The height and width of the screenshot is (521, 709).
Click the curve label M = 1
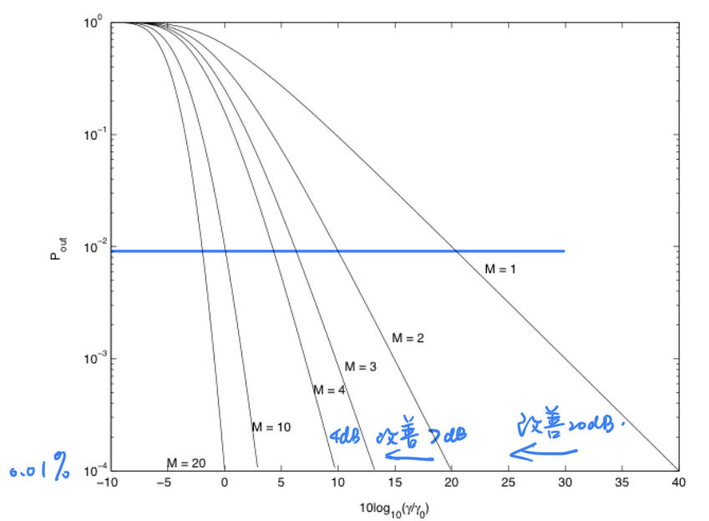coord(501,268)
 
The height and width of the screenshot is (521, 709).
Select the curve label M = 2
coord(408,338)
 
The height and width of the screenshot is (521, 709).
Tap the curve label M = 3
coord(361,366)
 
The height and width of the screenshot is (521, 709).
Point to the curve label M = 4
coord(329,390)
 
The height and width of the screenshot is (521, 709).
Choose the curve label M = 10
coord(271,427)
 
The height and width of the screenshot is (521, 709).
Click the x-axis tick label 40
coord(677,483)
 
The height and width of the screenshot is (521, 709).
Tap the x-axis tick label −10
coord(107,483)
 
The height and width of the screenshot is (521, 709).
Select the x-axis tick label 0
coord(224,483)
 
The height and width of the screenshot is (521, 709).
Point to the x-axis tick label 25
coord(507,483)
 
